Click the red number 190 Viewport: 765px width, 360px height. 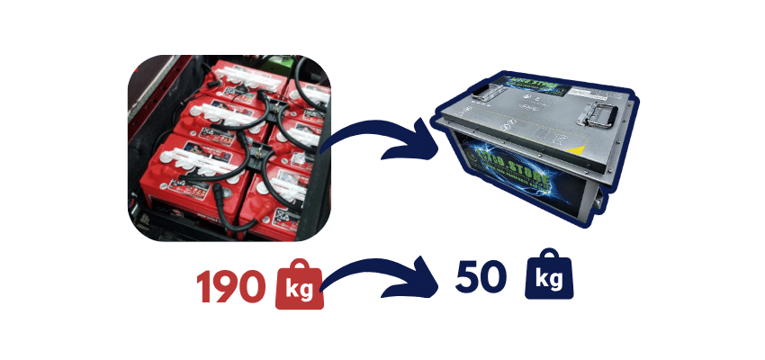231,285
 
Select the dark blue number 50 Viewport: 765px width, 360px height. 481,278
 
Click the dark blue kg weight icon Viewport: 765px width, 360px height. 549,280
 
